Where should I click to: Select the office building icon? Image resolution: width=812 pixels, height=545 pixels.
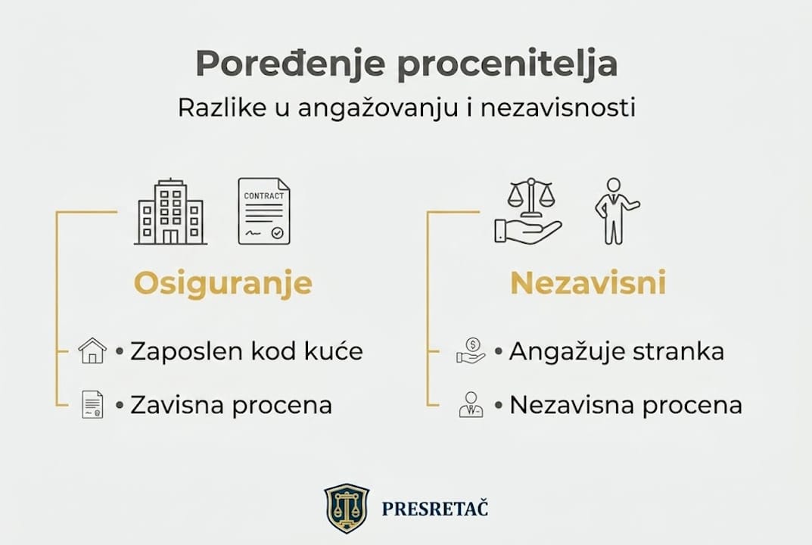(170, 212)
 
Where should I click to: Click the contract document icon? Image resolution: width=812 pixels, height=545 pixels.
(263, 211)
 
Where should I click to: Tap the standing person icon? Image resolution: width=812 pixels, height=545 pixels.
(614, 211)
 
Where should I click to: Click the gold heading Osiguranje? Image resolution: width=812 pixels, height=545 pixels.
(223, 284)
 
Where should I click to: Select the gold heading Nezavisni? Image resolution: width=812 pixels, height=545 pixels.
(588, 284)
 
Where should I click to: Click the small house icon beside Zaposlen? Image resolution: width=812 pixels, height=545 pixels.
(92, 351)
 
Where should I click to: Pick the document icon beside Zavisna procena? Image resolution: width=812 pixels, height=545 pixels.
(92, 405)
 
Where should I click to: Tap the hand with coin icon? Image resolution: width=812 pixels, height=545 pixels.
(470, 351)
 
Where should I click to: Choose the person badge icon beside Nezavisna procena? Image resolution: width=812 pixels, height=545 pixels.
(470, 405)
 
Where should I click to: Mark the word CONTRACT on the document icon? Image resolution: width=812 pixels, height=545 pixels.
(263, 195)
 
